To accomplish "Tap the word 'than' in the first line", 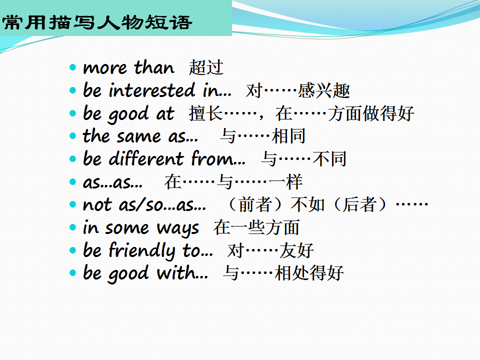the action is pyautogui.click(x=154, y=67).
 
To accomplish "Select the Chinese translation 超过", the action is pyautogui.click(x=206, y=67).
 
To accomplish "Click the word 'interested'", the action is pyautogui.click(x=152, y=90).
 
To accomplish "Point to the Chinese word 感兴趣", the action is pyautogui.click(x=324, y=90).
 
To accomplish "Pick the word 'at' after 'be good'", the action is pyautogui.click(x=165, y=113).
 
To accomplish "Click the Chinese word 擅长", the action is pyautogui.click(x=205, y=113).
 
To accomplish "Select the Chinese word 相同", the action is pyautogui.click(x=288, y=136).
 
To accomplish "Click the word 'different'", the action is pyautogui.click(x=146, y=158).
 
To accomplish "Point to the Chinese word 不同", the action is pyautogui.click(x=329, y=159).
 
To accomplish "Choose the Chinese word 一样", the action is pyautogui.click(x=286, y=181).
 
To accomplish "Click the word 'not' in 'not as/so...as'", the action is pyautogui.click(x=97, y=205).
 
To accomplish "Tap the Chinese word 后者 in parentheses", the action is pyautogui.click(x=359, y=204).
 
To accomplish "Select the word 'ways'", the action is pyautogui.click(x=178, y=228).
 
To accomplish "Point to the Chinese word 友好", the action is pyautogui.click(x=296, y=250).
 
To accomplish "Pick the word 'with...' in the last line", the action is pyautogui.click(x=182, y=272).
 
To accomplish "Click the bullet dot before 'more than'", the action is pyautogui.click(x=72, y=67).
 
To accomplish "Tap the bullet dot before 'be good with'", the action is pyautogui.click(x=72, y=273).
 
